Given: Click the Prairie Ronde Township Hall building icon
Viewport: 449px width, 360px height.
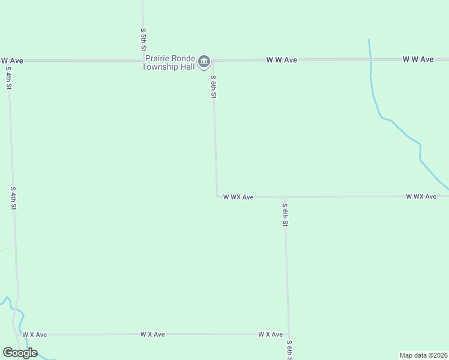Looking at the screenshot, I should coord(204,60).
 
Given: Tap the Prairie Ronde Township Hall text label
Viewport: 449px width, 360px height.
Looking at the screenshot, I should coord(170,62).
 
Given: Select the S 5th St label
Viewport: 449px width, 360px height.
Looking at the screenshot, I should coord(143,39).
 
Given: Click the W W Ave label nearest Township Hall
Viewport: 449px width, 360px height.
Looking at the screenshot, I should coord(282,60).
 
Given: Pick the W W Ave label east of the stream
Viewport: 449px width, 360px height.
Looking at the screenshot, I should coord(418,59).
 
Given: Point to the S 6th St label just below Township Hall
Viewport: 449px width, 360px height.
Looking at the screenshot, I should coord(213,87).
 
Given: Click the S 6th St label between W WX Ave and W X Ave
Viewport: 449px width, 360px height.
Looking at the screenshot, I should coord(286,215).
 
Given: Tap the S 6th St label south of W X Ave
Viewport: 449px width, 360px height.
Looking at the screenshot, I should coord(289,350).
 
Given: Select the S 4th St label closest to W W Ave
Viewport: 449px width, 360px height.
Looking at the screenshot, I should coord(9,78).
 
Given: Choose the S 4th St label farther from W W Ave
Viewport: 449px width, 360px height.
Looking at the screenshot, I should coord(13,198).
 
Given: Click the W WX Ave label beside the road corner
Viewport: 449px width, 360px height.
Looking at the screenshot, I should coord(238,197).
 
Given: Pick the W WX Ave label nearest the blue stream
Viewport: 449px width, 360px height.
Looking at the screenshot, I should coord(421,196).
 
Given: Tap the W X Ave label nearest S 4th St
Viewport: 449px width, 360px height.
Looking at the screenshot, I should coord(34,334).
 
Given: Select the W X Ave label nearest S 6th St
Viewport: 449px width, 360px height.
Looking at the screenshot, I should coord(270,334).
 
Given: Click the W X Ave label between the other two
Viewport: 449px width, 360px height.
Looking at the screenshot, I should coord(152,334).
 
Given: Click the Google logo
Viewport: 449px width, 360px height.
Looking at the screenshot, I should coord(20,353).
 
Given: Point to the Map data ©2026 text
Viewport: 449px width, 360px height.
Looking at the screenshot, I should coord(423,355).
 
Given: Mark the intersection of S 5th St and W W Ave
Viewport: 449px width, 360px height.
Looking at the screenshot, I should coord(143,60).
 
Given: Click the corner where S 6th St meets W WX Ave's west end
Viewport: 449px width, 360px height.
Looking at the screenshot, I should coord(217,196).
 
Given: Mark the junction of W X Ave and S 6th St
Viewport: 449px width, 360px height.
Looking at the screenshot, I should coord(289,334).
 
